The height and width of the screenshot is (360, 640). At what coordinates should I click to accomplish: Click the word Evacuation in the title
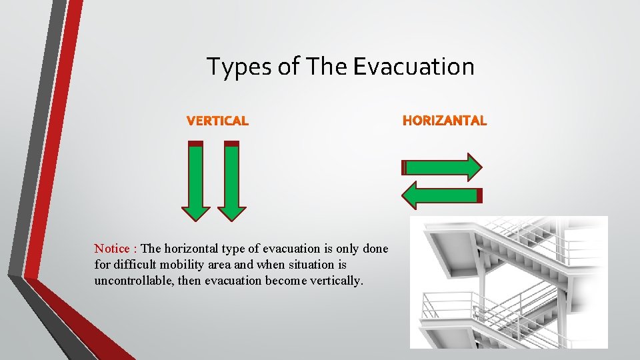(413, 67)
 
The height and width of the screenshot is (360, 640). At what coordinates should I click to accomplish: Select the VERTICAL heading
(217, 121)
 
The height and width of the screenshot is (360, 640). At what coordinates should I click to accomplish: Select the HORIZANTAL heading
(445, 121)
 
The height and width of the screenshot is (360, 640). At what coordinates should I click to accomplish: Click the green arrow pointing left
(440, 195)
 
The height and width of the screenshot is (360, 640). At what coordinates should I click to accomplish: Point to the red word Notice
(112, 249)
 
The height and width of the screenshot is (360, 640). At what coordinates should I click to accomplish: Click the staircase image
(509, 282)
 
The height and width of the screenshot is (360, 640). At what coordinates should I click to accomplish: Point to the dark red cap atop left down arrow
(195, 143)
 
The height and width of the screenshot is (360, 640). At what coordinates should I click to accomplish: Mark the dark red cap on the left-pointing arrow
(479, 195)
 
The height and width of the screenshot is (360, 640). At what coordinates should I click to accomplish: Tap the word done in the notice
(375, 249)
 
